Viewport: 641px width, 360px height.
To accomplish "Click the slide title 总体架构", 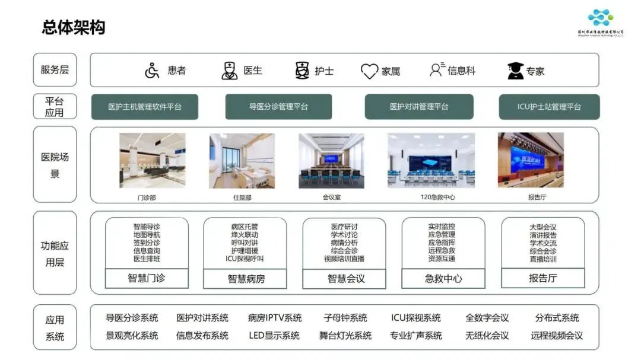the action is pos(74,27).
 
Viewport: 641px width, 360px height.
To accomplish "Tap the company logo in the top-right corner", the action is pos(601,20).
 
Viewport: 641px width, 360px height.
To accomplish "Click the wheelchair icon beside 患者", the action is pos(152,71).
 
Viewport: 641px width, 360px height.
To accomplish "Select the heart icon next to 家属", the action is pos(369,72).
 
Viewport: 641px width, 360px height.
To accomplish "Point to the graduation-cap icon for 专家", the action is pos(515,71).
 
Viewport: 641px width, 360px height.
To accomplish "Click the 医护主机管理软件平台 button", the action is pos(145,107).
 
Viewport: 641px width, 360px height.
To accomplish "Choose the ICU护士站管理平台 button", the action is pos(549,107).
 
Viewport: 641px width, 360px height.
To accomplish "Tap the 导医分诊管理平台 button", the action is pos(278,107).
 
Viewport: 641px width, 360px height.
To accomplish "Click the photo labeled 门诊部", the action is pos(152,160).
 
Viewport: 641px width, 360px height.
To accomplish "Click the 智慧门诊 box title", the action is pos(147,278).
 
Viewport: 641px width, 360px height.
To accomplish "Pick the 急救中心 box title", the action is pos(443,278).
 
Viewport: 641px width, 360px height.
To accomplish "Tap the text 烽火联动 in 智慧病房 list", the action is pos(245,235).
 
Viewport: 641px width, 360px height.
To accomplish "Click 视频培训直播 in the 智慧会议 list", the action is pos(344,259).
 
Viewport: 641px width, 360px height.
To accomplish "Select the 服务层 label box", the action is pos(55,70).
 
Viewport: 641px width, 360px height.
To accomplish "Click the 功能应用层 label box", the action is pos(55,253).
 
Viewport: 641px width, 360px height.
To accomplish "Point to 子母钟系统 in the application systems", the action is pos(345,318).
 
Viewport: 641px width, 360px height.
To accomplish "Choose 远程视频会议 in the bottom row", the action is pos(557,336).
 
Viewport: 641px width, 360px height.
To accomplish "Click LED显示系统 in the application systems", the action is pos(274,336).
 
